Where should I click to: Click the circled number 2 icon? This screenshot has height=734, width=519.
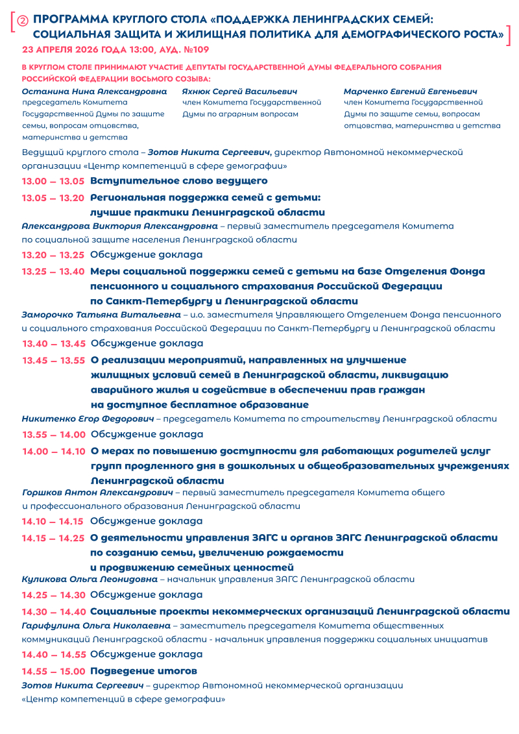[x=24, y=21]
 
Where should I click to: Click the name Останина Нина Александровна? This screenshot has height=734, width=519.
[x=94, y=92]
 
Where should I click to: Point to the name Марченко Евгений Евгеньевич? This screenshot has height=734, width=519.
[x=410, y=92]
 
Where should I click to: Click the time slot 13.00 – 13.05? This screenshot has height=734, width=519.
[x=53, y=181]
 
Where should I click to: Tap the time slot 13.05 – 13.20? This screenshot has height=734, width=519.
[x=53, y=198]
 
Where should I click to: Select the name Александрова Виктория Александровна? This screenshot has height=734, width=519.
[x=119, y=226]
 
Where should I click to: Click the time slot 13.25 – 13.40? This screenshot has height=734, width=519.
[x=53, y=271]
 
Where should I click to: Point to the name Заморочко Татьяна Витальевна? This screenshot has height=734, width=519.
[x=101, y=315]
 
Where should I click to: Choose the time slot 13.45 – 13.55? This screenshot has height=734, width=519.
[x=54, y=360]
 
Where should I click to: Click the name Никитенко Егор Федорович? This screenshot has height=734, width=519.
[x=88, y=419]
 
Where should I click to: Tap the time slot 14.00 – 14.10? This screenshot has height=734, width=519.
[x=54, y=451]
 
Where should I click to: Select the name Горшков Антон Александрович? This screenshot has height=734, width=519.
[x=97, y=493]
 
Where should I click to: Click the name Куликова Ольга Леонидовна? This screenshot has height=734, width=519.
[x=90, y=579]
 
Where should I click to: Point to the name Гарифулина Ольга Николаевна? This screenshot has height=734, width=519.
[x=96, y=626]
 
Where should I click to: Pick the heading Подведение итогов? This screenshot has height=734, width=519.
[x=143, y=671]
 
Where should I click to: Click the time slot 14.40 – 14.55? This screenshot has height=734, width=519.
[x=53, y=654]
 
